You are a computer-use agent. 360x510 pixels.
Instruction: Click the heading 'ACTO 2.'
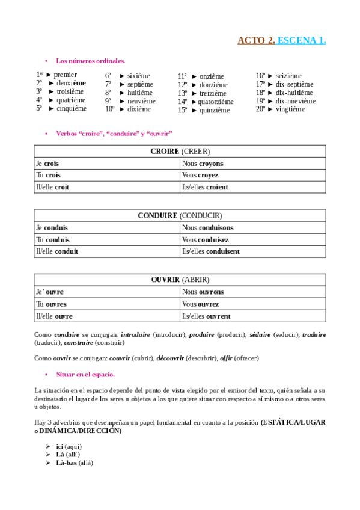[x=256, y=40]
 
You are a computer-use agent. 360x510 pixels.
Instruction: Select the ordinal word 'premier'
[x=65, y=75]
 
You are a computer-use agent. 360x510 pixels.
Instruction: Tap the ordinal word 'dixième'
[x=139, y=109]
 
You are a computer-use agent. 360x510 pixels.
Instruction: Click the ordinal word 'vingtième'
[x=290, y=109]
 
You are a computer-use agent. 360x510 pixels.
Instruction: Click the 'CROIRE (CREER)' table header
[x=180, y=151]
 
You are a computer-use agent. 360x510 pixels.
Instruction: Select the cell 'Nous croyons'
[x=202, y=163]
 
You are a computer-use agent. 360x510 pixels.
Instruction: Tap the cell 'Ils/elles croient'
[x=204, y=187]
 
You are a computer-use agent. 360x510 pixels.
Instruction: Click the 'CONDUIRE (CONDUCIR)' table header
[x=180, y=215]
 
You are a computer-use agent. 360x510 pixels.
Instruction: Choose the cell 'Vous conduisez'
[x=205, y=239]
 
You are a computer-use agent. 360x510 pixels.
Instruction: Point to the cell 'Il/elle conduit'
[x=57, y=251]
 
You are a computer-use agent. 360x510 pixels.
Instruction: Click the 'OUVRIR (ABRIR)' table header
[x=180, y=280]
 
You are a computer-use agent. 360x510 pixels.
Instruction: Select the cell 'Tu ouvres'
[x=52, y=304]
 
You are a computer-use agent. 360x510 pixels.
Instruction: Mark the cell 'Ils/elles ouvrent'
[x=206, y=316]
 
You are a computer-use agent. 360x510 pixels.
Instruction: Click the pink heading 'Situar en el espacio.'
[x=85, y=375]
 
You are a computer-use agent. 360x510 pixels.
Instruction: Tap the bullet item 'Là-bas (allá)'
[x=75, y=463]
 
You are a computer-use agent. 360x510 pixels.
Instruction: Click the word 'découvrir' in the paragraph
[x=171, y=358]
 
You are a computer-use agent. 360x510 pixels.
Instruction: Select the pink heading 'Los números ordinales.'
[x=90, y=61]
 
